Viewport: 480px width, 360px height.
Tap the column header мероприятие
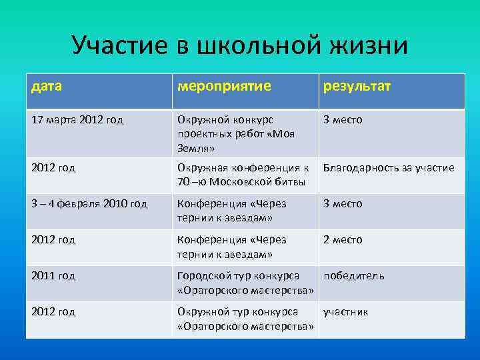[223, 87]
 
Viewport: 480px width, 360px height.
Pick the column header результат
[357, 87]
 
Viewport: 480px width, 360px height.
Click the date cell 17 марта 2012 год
[77, 120]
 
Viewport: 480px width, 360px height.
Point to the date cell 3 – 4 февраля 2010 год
[89, 204]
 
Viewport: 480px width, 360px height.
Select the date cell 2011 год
[53, 276]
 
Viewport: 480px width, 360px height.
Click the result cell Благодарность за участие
[388, 168]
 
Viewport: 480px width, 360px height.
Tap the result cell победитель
[353, 276]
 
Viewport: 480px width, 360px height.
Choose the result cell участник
[345, 312]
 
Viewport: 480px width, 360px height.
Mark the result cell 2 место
[343, 240]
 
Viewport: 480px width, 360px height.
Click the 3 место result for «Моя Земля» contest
[343, 120]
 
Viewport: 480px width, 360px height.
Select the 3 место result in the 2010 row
[343, 204]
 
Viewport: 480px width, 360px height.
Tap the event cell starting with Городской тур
[245, 283]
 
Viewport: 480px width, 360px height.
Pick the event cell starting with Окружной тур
[245, 319]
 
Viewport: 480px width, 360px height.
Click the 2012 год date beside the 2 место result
[53, 240]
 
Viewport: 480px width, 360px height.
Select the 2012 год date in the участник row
[53, 312]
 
